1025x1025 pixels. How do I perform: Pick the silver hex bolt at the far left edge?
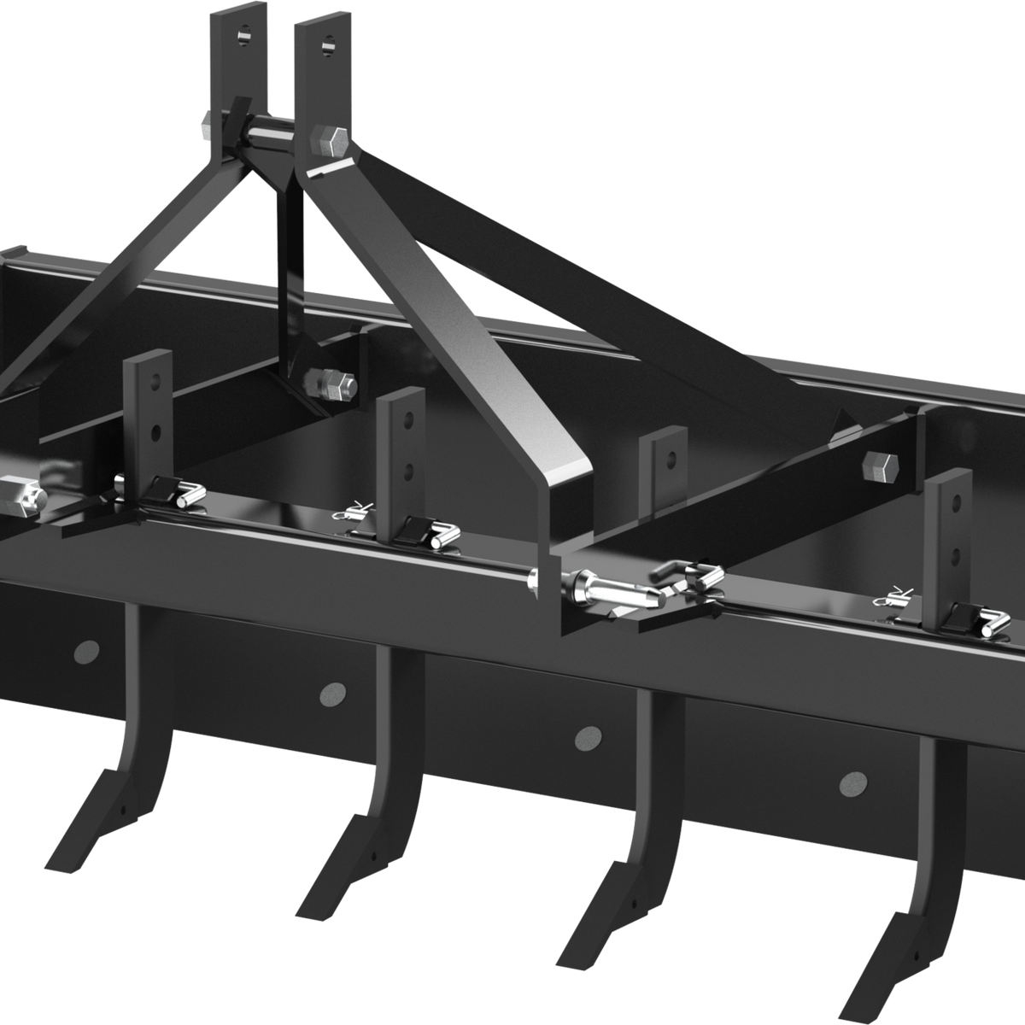coord(20,495)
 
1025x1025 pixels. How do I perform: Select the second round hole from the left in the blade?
coord(332,693)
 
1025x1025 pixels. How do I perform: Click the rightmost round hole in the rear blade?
coord(852,781)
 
